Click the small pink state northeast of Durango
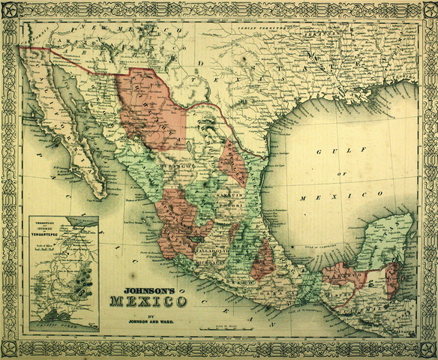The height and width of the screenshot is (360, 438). [x=233, y=162]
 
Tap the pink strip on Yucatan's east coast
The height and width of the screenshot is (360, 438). [x=391, y=278]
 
